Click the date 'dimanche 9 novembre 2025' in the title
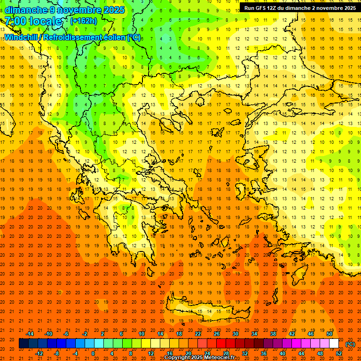tap(64, 10)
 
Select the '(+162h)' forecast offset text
tap(84, 21)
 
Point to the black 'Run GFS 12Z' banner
tap(299, 8)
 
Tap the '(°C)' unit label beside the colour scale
tap(350, 344)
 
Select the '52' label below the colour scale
tap(339, 353)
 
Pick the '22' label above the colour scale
tap(198, 334)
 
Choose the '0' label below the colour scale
tap(93, 353)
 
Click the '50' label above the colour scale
tap(330, 334)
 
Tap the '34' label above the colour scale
tap(254, 334)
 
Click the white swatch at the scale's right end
tap(334, 344)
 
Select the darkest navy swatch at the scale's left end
tap(24, 344)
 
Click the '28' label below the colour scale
tap(226, 353)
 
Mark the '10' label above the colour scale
tap(141, 334)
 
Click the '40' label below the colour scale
tap(283, 353)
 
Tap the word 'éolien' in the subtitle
tap(113, 38)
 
